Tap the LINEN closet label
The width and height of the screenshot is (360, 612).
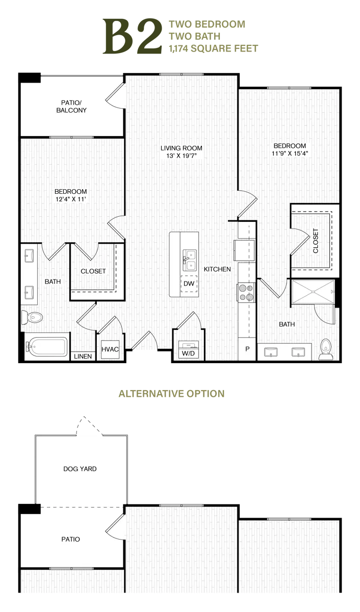coord(83,356)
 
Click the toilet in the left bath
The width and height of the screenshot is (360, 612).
coord(32,318)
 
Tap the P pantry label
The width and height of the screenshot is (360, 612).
coord(248,350)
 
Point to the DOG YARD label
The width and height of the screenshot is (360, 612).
coord(80,469)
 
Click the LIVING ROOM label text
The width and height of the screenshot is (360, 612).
coord(182,148)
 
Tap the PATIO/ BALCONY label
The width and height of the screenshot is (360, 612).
coord(71,106)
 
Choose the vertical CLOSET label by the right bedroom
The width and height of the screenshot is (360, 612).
coord(316,240)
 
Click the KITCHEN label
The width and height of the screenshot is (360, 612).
coord(218,269)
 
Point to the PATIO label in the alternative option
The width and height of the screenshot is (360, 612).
coord(71,539)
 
